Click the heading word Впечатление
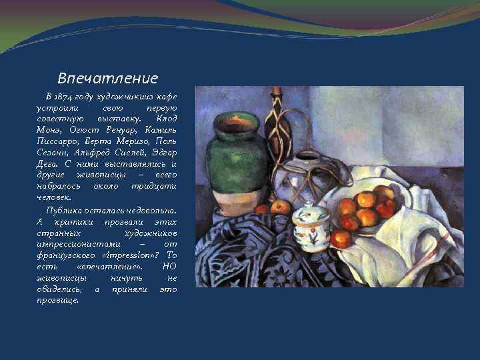(x=108, y=78)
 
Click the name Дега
(x=49, y=163)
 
